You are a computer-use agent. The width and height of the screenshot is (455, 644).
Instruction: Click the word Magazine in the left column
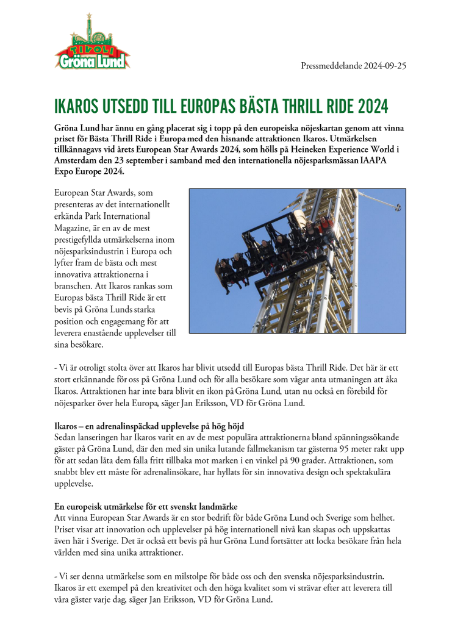76,228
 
